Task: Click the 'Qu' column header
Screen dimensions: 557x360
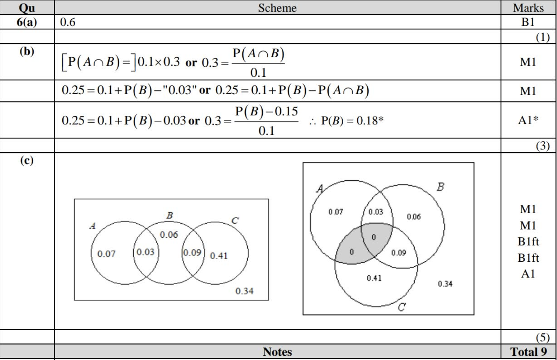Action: tap(27, 8)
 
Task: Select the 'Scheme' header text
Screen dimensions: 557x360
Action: tap(277, 8)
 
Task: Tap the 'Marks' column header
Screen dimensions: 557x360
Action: tap(528, 8)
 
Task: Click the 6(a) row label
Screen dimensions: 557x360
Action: tap(27, 22)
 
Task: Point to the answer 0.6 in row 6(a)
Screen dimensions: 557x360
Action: tap(68, 22)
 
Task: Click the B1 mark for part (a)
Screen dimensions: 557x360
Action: tap(528, 22)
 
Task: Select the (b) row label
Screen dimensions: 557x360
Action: tap(27, 51)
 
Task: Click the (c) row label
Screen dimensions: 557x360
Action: tap(27, 161)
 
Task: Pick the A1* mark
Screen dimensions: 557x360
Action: tap(528, 120)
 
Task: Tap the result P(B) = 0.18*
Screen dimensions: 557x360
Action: tap(352, 121)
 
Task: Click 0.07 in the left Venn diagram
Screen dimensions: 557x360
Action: tap(106, 254)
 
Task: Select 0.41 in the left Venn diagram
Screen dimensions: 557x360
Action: tap(219, 255)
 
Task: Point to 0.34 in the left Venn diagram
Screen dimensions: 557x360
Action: tap(244, 291)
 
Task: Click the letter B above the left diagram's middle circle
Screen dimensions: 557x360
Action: tap(170, 215)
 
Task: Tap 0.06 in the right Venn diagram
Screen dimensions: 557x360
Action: tap(414, 217)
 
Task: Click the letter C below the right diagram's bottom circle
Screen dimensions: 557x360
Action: tap(402, 307)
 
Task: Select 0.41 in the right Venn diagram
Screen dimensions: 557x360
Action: tap(374, 278)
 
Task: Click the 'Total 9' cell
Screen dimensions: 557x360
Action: tap(528, 352)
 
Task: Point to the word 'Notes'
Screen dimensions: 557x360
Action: tap(277, 352)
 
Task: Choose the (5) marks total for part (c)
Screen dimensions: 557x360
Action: tap(542, 337)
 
